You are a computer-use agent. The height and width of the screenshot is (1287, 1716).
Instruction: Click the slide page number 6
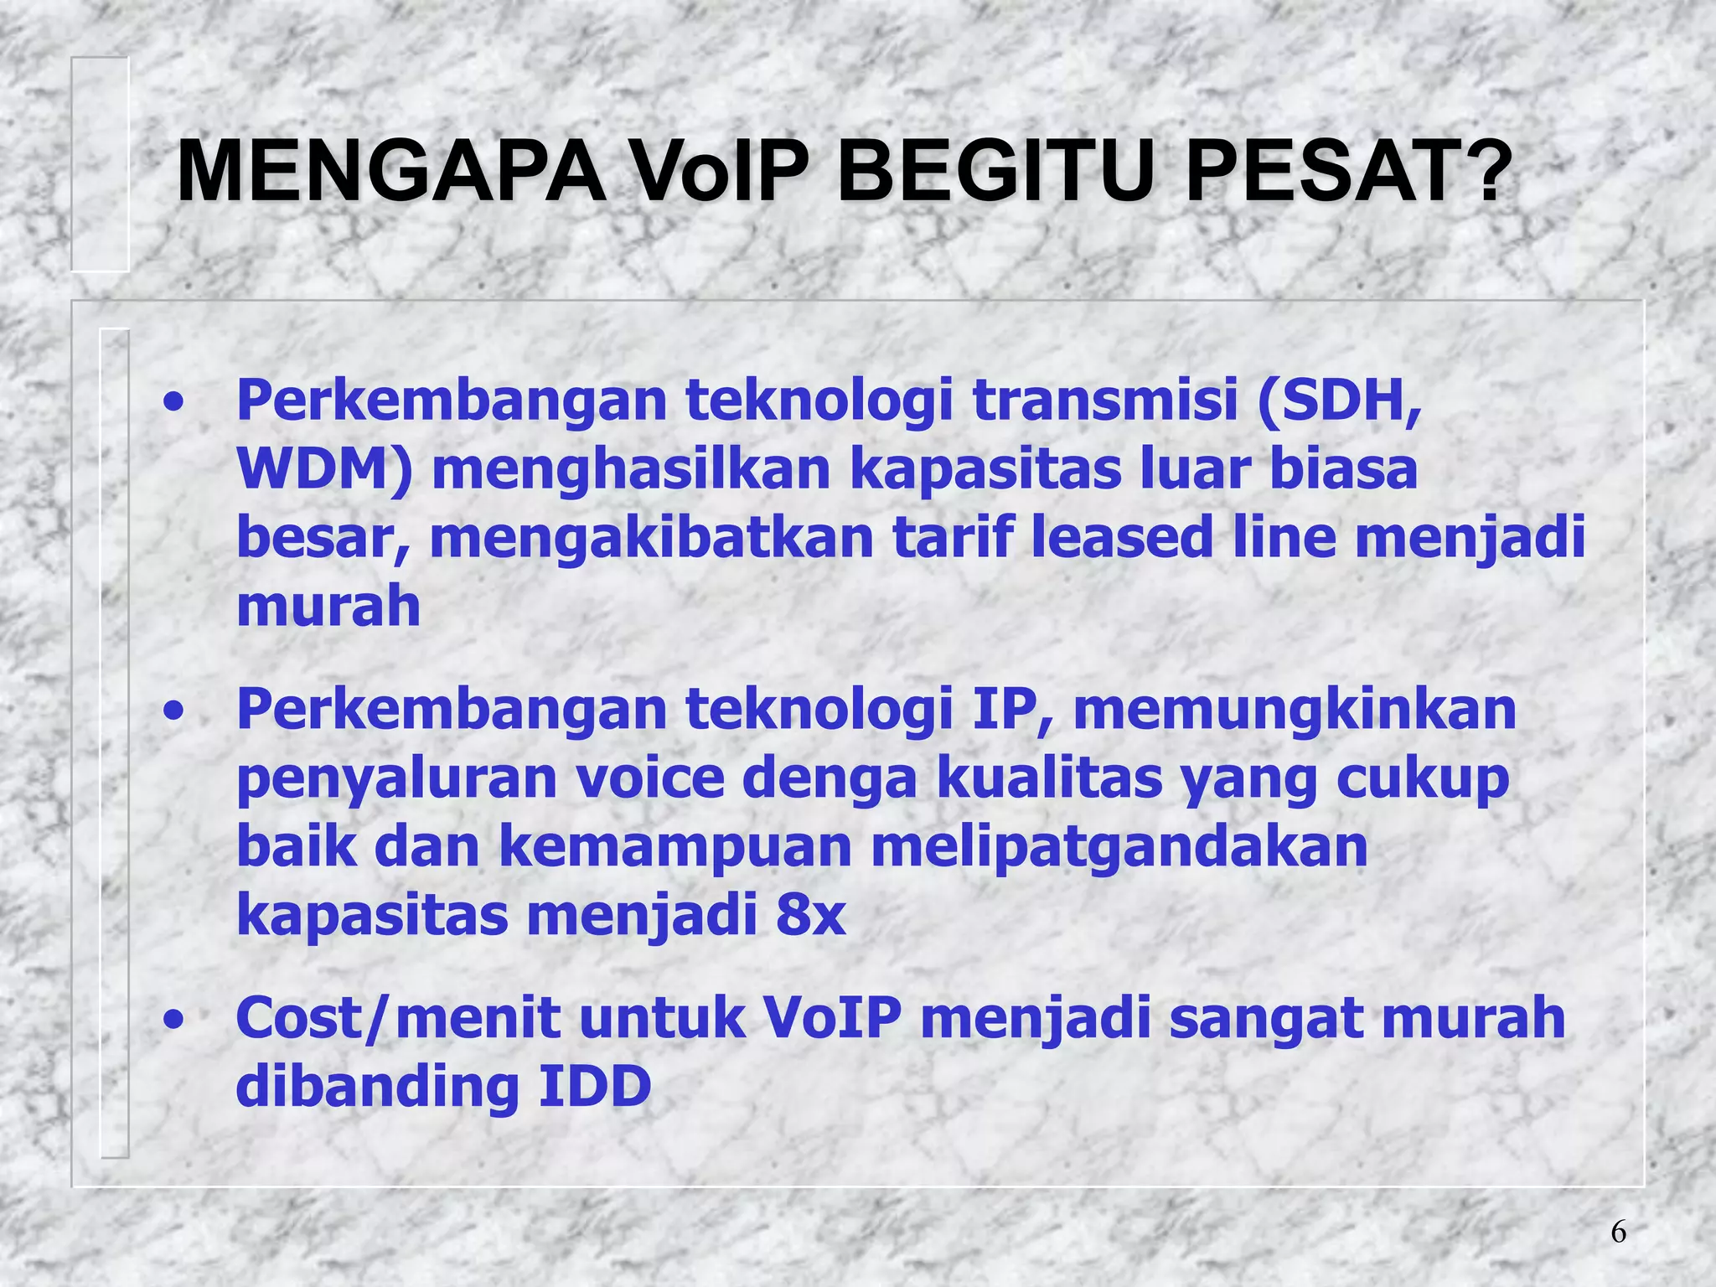1618,1232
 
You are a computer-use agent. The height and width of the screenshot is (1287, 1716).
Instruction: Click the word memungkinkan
1295,710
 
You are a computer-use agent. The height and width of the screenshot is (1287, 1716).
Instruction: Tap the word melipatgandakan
1119,847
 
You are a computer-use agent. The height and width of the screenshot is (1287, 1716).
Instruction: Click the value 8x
810,916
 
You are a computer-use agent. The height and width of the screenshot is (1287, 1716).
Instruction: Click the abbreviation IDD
594,1087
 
